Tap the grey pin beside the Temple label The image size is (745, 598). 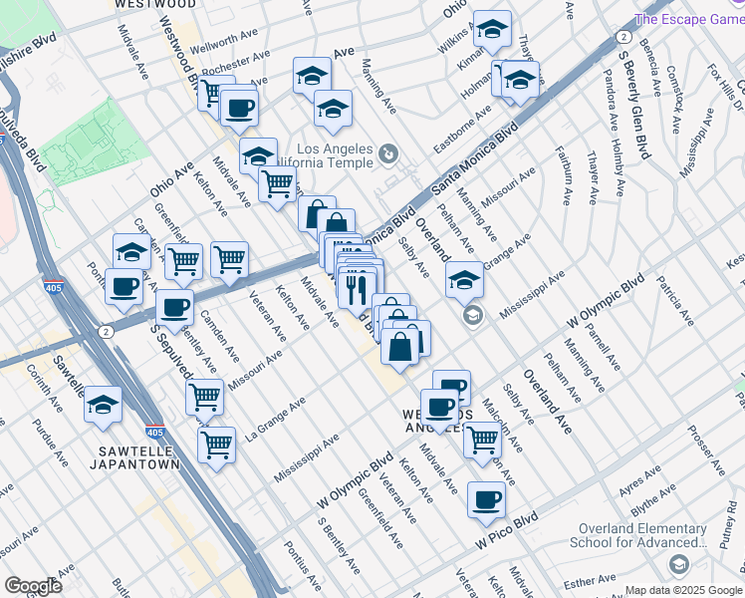(388, 154)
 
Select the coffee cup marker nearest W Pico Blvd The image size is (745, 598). (486, 499)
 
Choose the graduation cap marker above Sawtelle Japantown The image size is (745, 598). (104, 406)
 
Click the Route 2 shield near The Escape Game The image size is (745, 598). (622, 37)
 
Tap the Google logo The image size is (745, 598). (33, 585)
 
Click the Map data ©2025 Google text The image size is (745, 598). (682, 590)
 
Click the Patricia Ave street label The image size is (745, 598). (674, 303)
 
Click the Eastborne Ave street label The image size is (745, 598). (462, 127)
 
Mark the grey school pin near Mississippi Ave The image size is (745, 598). (472, 316)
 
